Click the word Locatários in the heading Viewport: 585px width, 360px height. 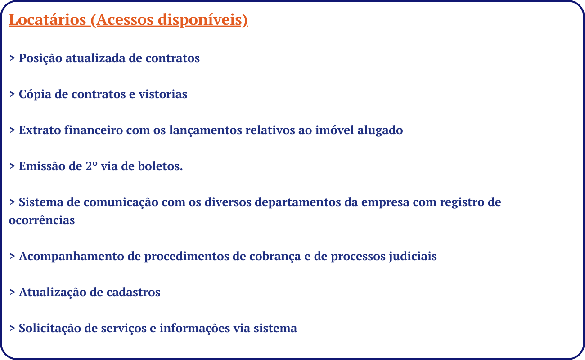point(48,20)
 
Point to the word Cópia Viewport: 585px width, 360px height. point(35,94)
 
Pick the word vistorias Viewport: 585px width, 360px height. point(163,94)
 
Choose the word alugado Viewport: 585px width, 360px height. point(380,130)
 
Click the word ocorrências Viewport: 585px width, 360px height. point(42,220)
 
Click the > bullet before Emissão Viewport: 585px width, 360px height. point(12,166)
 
